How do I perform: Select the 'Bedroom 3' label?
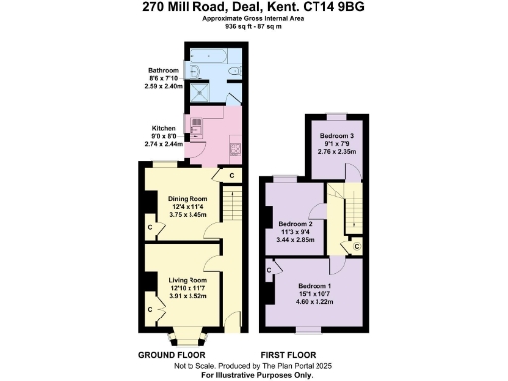(x=334, y=135)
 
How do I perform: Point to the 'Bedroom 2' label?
(x=295, y=224)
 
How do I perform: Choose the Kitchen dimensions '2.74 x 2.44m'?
(x=165, y=145)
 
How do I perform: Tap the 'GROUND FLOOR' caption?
(x=171, y=354)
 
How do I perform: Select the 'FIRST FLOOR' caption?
(x=288, y=354)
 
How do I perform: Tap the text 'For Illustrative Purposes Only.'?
(x=254, y=375)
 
